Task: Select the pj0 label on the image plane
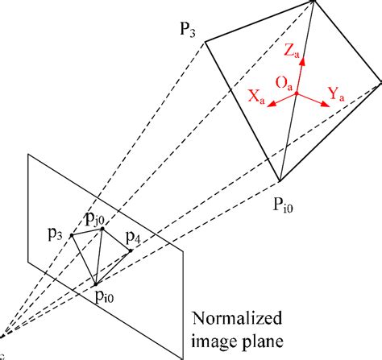tap(96, 217)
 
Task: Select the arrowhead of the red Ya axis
tap(323, 102)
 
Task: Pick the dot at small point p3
tap(72, 235)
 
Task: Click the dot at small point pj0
tap(103, 229)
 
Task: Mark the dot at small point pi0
tap(96, 283)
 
